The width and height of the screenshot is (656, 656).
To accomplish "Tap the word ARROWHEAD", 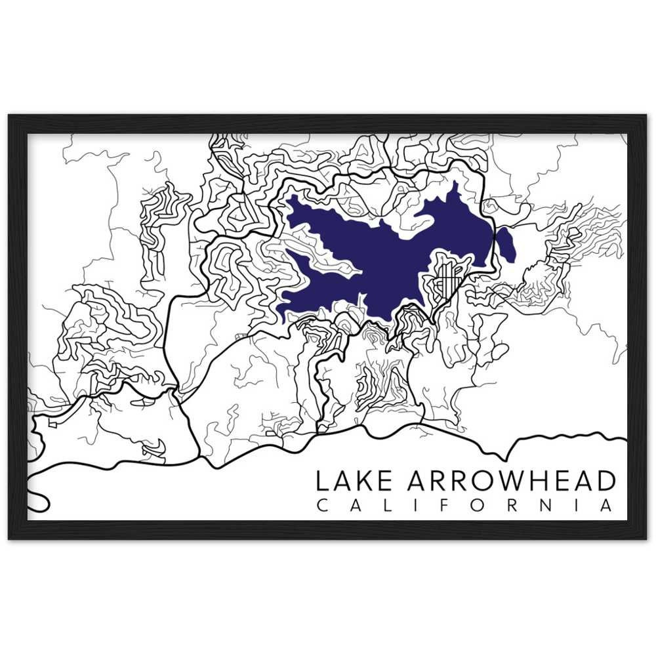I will click(x=512, y=481).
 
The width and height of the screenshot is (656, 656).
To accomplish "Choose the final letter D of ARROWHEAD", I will click(x=606, y=481).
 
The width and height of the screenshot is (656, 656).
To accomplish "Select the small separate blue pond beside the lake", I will click(x=506, y=244).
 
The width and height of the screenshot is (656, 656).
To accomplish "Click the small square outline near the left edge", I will click(x=52, y=424).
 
